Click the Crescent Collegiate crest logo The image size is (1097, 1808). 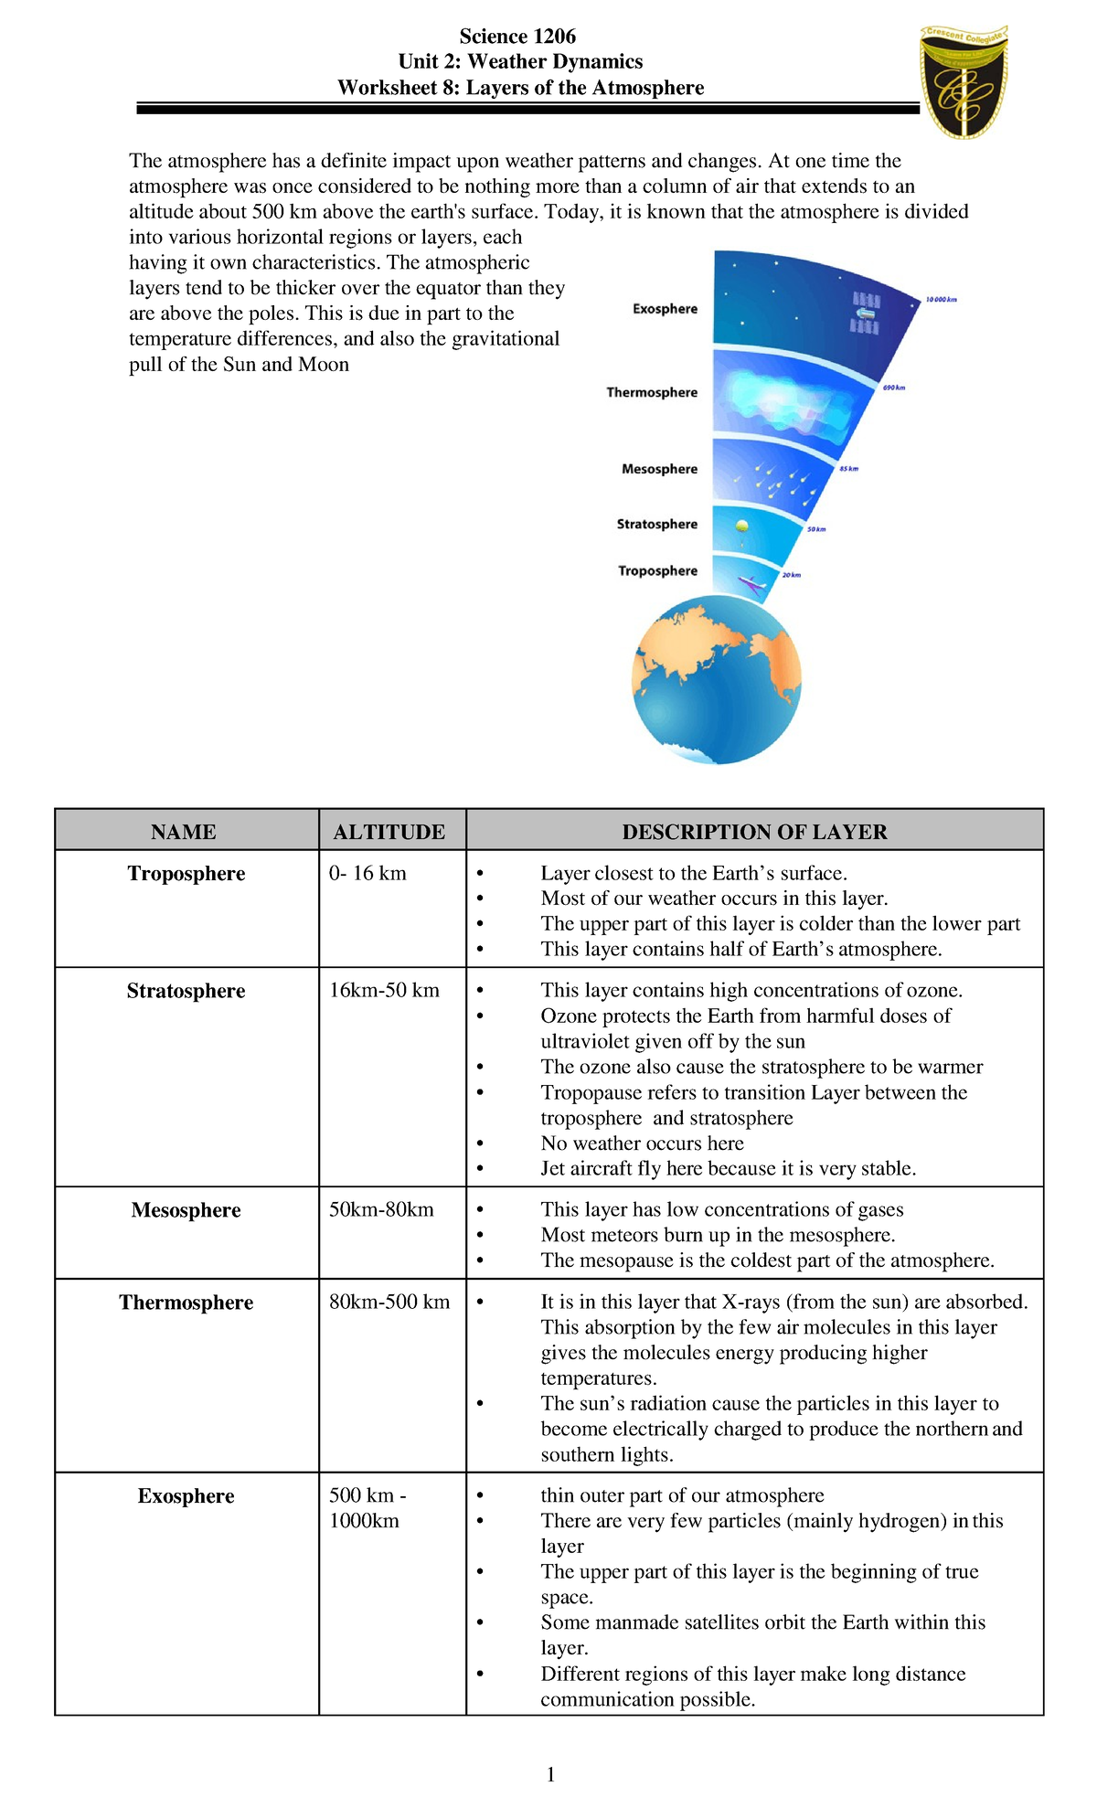[x=964, y=81]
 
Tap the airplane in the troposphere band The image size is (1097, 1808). [x=752, y=583]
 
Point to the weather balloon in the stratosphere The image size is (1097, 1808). [x=742, y=526]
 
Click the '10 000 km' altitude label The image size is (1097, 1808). [x=941, y=300]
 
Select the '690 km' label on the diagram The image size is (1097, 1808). [x=893, y=388]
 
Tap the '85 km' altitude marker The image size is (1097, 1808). [x=847, y=469]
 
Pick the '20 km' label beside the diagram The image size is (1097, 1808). [x=791, y=575]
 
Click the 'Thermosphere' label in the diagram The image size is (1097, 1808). [x=652, y=392]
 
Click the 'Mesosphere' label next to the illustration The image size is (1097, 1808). [x=659, y=469]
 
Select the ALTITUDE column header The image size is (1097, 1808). [x=389, y=832]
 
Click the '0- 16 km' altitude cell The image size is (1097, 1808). [x=367, y=873]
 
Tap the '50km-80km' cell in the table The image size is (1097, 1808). [x=381, y=1209]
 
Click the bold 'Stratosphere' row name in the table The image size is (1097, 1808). [x=186, y=991]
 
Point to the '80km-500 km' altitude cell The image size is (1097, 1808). [x=389, y=1302]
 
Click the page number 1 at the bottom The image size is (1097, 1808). [x=550, y=1774]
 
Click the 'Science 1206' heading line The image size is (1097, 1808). [x=517, y=37]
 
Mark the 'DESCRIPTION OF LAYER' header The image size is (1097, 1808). [x=754, y=832]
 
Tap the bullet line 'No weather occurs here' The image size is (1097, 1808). [x=642, y=1143]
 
